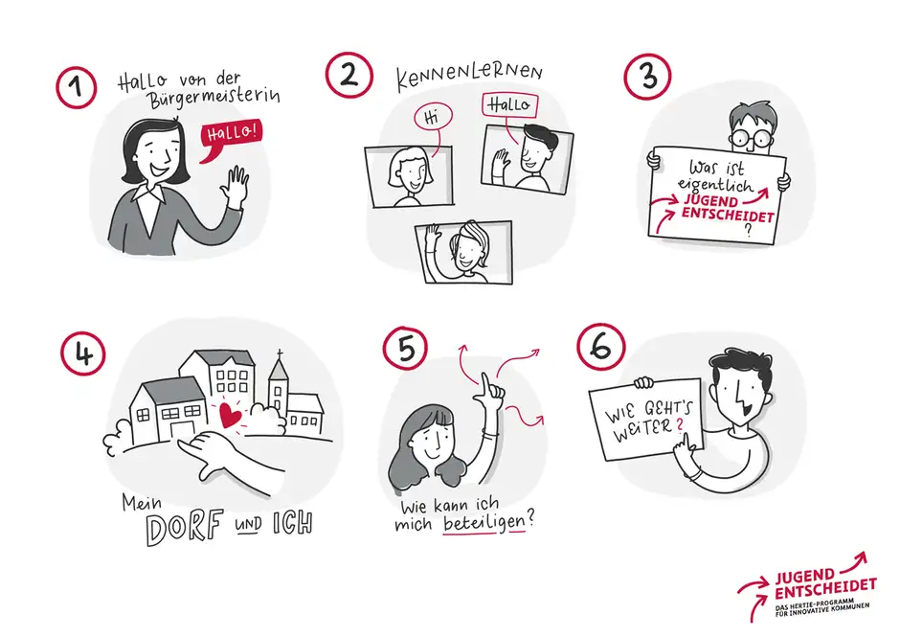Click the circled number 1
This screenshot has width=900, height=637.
(77, 87)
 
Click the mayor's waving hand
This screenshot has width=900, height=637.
(234, 187)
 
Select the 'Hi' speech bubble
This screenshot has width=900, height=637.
(431, 118)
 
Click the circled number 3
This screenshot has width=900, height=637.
(649, 76)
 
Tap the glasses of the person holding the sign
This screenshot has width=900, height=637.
(753, 137)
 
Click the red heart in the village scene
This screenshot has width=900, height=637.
(230, 415)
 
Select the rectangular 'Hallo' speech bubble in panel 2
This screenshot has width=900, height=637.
(507, 104)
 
